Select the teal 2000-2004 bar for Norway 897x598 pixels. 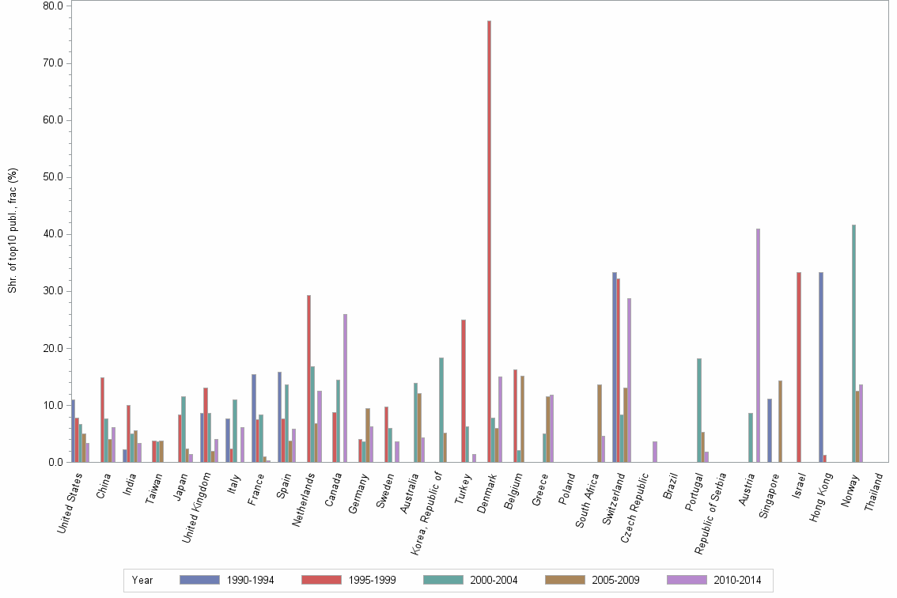pyautogui.click(x=853, y=343)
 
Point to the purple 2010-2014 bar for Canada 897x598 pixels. pyautogui.click(x=345, y=388)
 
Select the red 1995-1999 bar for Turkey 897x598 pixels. pyautogui.click(x=464, y=391)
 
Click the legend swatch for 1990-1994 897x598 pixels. pyautogui.click(x=199, y=580)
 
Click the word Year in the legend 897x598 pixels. pyautogui.click(x=142, y=580)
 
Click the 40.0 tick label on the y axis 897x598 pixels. pyautogui.click(x=52, y=234)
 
